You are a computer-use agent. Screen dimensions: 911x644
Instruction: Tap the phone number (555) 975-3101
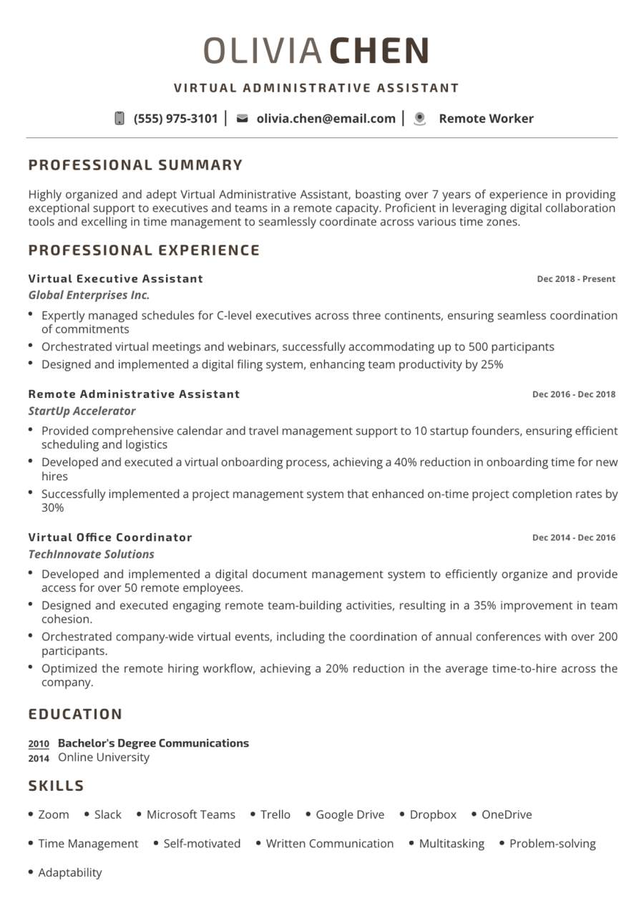click(175, 119)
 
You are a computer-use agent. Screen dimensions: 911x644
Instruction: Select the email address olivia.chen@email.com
click(326, 119)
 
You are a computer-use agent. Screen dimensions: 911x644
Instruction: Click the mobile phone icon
click(119, 119)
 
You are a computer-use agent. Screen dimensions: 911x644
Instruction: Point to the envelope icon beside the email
click(242, 119)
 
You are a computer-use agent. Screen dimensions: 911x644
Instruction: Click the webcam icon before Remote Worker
click(420, 119)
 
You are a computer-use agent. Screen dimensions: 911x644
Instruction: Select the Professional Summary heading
click(136, 165)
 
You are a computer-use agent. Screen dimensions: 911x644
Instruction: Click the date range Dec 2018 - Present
click(576, 279)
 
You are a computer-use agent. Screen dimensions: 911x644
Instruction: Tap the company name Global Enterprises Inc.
click(89, 295)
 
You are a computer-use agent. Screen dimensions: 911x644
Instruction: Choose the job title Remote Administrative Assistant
click(134, 394)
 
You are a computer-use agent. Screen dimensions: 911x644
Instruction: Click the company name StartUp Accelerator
click(82, 411)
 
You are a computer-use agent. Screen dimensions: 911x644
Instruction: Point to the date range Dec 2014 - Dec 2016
click(574, 537)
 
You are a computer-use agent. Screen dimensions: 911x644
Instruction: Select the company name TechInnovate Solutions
click(91, 554)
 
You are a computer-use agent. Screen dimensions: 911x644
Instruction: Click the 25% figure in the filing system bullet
click(492, 364)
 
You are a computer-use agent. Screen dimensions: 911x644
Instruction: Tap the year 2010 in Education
click(39, 744)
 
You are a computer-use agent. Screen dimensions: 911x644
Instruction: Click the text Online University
click(104, 757)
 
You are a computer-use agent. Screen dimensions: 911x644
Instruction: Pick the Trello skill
click(275, 814)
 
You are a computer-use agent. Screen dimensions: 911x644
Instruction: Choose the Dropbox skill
click(433, 814)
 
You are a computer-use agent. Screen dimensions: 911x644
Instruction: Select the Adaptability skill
click(70, 872)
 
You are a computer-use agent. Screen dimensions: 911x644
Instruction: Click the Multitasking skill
click(452, 844)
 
